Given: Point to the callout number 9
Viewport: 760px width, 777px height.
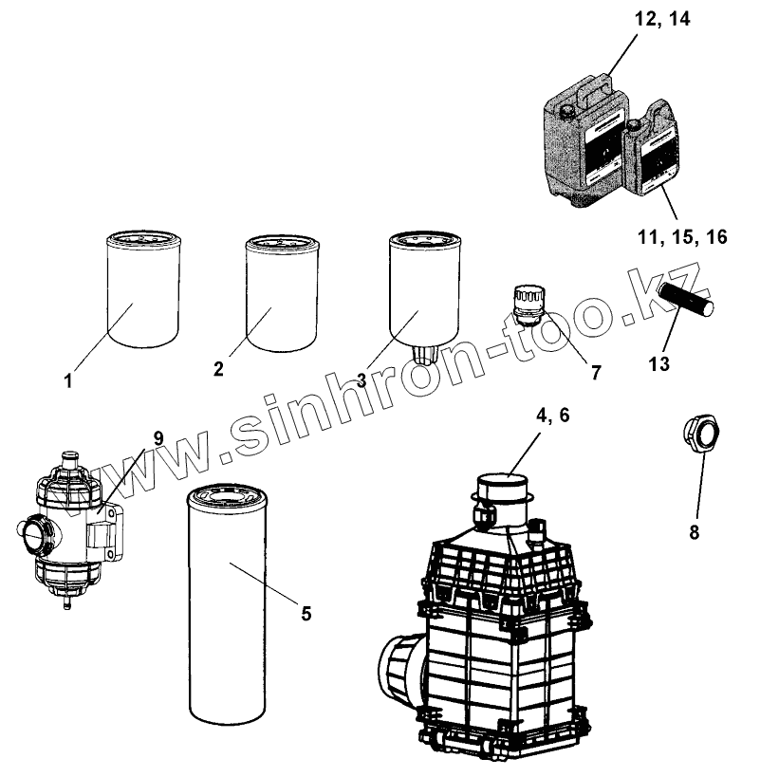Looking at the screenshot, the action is (x=158, y=437).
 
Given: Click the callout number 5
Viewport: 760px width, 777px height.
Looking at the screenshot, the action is (x=306, y=613).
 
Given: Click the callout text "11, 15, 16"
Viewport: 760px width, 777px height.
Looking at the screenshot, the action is (x=682, y=237).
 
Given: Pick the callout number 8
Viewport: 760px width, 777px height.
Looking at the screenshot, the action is (x=694, y=532).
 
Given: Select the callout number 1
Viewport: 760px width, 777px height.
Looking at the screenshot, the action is (x=68, y=381).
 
